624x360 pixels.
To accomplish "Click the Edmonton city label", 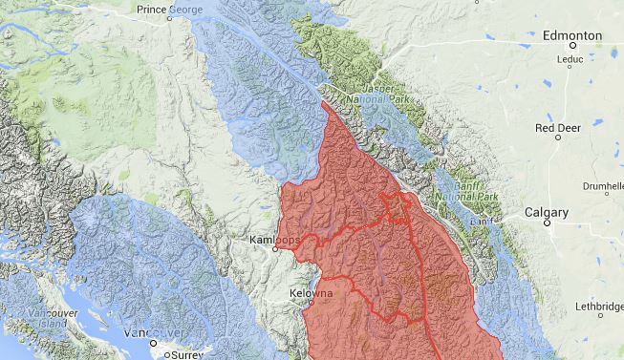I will point(571,34).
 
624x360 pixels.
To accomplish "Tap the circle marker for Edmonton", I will point(573,45).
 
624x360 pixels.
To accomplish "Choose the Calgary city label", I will point(547,211).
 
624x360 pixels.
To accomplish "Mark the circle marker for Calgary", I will point(548,222).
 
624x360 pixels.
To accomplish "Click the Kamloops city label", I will point(274,240).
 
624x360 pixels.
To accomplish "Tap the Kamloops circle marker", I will point(275,250).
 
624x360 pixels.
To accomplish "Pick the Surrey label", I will point(184,354).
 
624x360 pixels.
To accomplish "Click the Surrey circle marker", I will point(167,354).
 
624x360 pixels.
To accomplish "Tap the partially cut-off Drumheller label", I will point(601,188).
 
